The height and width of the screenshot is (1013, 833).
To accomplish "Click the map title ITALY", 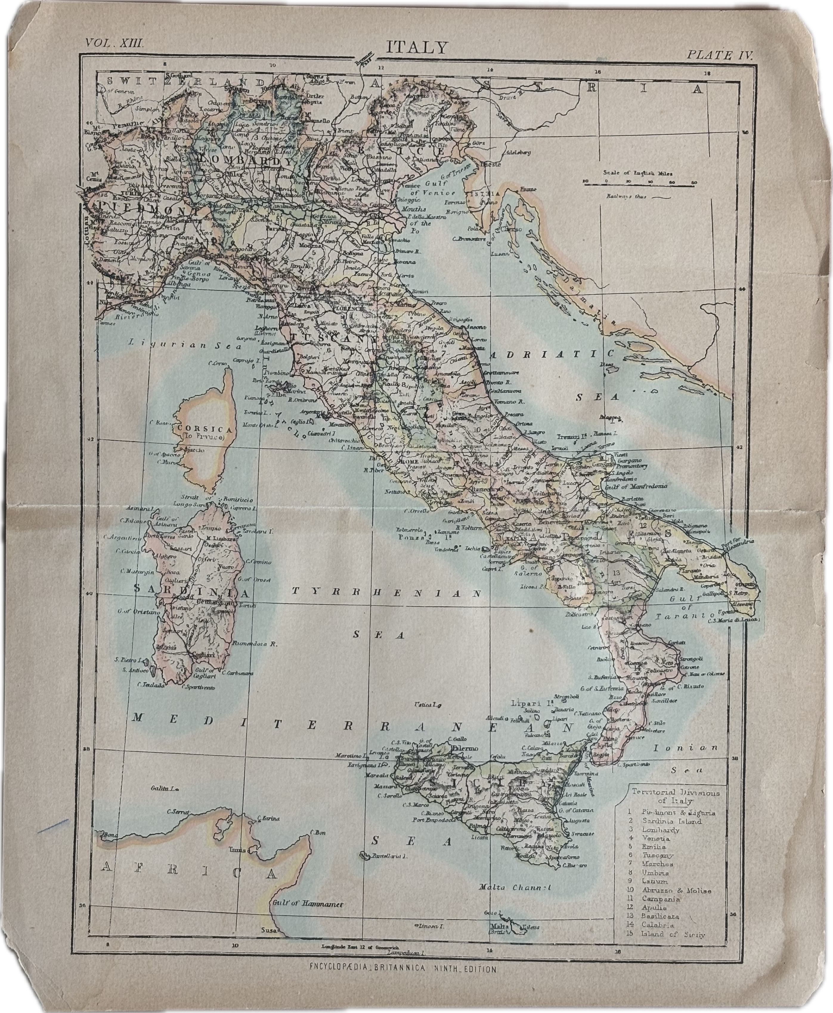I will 416,47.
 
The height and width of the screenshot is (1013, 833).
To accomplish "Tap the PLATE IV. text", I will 720,54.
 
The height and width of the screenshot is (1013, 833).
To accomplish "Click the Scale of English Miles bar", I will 640,183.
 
